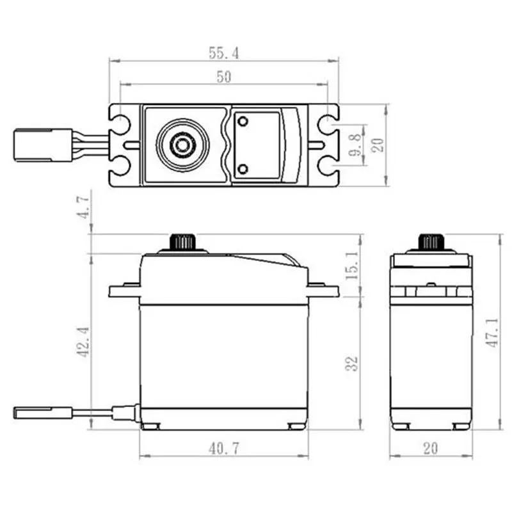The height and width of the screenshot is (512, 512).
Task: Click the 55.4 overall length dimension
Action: (223, 54)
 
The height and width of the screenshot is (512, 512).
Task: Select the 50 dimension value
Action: (223, 77)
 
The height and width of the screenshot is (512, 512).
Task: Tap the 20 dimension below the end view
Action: (430, 449)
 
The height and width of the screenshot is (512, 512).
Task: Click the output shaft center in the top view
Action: (182, 145)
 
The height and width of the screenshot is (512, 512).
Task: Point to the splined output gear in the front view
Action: (183, 243)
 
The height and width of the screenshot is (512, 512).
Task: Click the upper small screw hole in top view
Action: (243, 122)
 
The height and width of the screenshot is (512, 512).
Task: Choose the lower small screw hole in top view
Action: (243, 168)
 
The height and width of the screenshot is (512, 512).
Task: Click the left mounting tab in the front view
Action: (125, 291)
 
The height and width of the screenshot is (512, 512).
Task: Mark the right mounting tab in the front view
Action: (323, 291)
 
